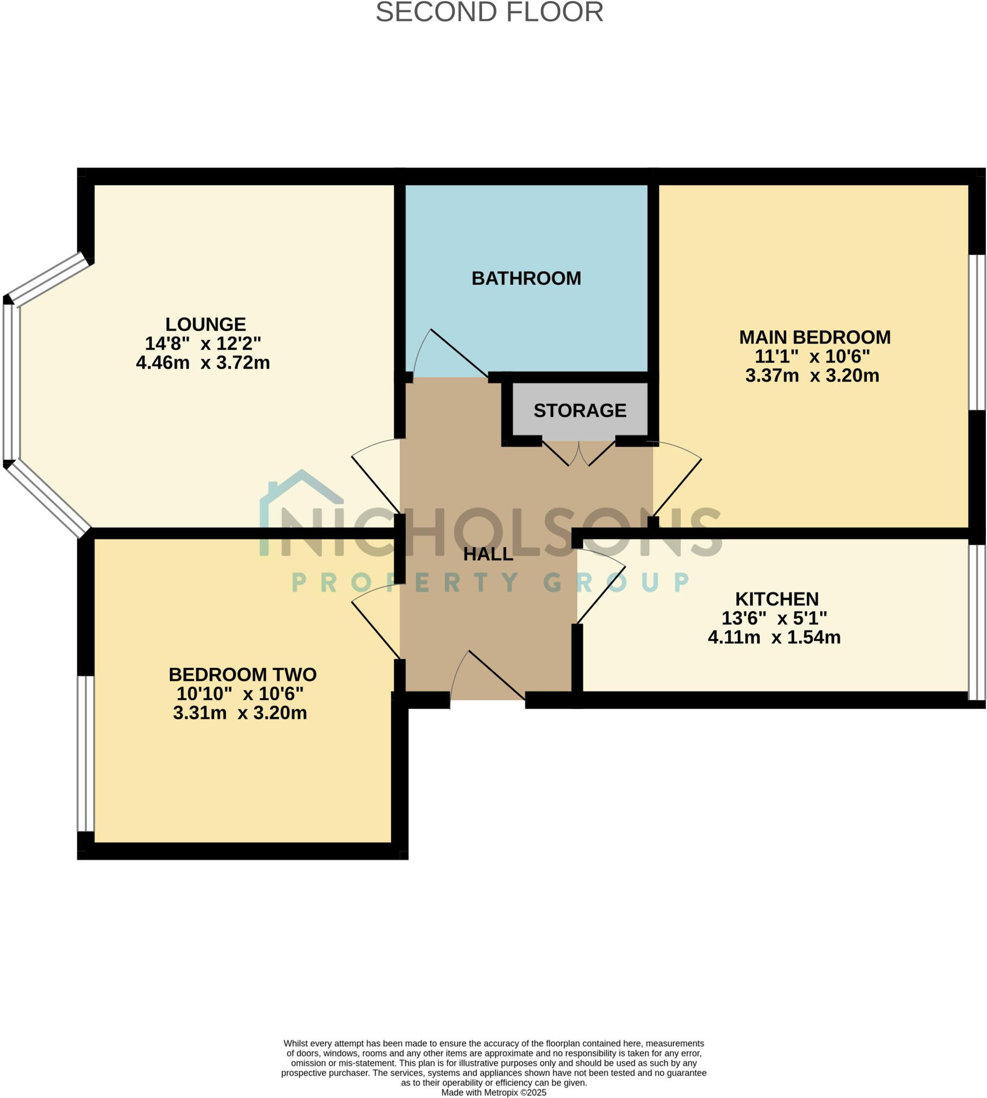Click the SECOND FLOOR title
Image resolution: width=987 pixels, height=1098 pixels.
pyautogui.click(x=489, y=12)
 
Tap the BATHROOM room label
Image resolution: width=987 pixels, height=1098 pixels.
pyautogui.click(x=526, y=278)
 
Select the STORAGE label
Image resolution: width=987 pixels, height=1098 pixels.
pyautogui.click(x=580, y=411)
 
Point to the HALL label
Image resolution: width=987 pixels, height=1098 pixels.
pyautogui.click(x=488, y=554)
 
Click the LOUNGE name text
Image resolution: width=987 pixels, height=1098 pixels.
pyautogui.click(x=205, y=324)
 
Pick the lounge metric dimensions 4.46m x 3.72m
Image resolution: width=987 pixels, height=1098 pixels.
pyautogui.click(x=203, y=362)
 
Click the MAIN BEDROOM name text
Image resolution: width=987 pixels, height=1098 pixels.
pyautogui.click(x=814, y=337)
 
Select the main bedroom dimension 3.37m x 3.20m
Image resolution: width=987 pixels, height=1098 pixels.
pyautogui.click(x=812, y=375)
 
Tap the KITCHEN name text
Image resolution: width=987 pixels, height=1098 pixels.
pyautogui.click(x=777, y=599)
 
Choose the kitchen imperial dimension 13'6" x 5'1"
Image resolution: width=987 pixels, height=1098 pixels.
pyautogui.click(x=774, y=618)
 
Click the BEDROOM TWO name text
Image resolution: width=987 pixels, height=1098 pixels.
pyautogui.click(x=242, y=674)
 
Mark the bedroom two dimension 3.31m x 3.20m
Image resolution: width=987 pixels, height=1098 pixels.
pyautogui.click(x=240, y=713)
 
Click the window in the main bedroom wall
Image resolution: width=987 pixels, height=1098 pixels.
pyautogui.click(x=977, y=332)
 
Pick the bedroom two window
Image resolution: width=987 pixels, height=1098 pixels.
pyautogui.click(x=86, y=753)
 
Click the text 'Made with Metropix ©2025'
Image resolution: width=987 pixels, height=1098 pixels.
pyautogui.click(x=493, y=1093)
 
